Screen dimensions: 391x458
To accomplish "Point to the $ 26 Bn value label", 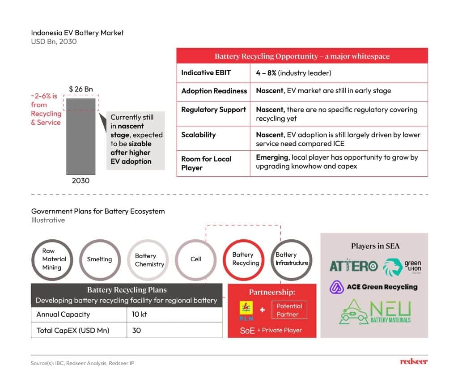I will [81, 89].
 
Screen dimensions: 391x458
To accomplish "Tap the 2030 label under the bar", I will [81, 181].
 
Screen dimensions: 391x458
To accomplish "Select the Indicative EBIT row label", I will [206, 73].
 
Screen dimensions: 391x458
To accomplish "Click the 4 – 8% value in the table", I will [266, 73].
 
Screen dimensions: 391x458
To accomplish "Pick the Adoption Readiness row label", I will [214, 91].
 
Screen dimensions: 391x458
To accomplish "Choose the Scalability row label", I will [199, 135].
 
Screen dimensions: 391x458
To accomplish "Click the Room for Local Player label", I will [206, 163].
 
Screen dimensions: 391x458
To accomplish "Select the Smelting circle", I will [99, 259].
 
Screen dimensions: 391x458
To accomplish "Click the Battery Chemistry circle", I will [149, 259].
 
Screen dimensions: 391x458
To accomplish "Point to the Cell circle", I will [196, 259].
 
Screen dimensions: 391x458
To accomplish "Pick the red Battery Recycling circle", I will [246, 259].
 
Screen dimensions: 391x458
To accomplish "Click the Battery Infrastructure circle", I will [292, 259].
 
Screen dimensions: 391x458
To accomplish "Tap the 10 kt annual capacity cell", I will [140, 314].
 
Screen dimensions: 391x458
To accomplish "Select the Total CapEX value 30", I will [136, 331].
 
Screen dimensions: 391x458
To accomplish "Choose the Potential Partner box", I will [289, 310].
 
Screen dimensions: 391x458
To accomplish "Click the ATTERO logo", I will [353, 266].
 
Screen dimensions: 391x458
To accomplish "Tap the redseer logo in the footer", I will [414, 361].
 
